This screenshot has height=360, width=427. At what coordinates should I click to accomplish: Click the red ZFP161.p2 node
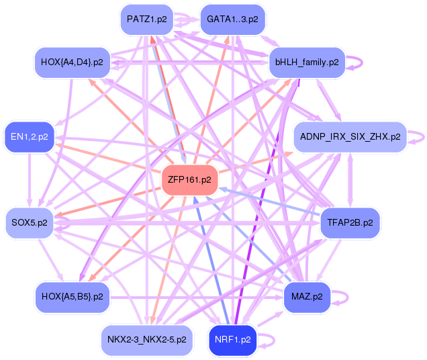pos(189,179)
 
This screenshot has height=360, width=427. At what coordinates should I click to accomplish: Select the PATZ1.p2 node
pos(146,19)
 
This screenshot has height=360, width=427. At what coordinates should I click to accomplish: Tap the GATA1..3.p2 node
pos(232,19)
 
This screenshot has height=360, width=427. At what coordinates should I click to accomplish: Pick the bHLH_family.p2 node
pos(306,62)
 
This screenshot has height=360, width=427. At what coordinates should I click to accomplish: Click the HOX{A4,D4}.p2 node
pos(72,62)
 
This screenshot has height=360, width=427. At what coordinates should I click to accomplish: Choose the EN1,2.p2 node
pos(29,137)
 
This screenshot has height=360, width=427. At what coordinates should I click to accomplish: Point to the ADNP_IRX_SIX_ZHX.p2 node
pos(350,136)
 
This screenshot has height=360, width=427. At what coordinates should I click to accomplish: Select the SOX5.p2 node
pos(29,222)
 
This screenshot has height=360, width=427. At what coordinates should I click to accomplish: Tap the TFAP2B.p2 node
pos(350,222)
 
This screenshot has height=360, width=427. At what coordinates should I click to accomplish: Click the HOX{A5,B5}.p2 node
pos(72,296)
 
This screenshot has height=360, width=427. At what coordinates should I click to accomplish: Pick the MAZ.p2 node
pos(307,296)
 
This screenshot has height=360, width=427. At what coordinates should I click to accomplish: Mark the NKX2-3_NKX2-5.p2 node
pos(146,340)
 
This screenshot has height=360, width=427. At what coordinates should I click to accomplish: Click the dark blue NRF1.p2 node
pos(232,340)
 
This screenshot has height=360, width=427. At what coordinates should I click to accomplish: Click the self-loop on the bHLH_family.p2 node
pos(357,62)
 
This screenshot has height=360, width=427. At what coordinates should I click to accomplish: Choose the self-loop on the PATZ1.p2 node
pos(182,19)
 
